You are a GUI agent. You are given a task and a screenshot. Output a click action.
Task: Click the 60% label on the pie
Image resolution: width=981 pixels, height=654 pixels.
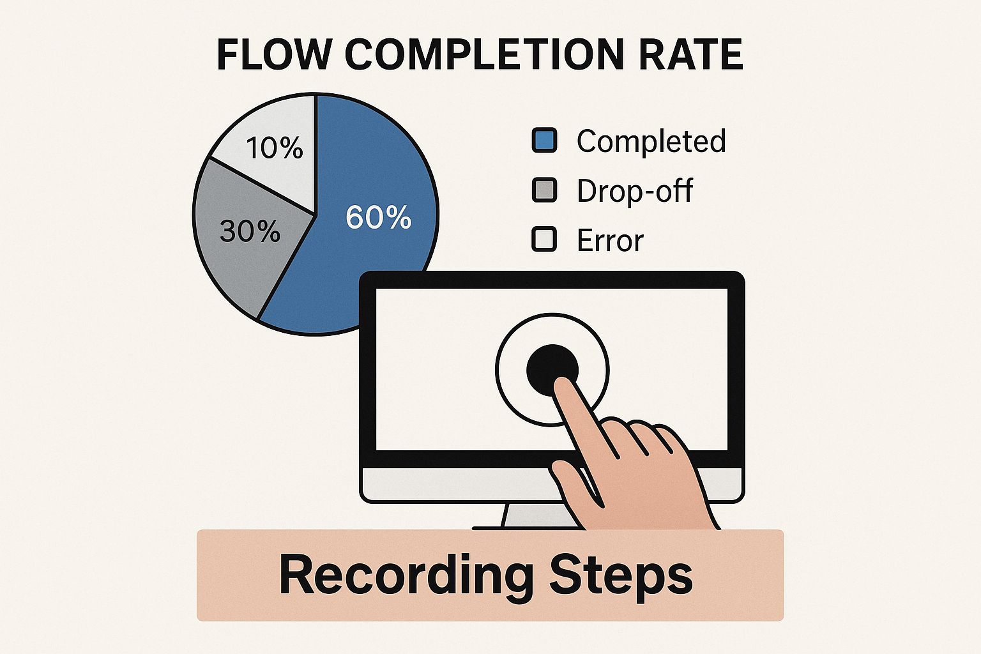point(378,217)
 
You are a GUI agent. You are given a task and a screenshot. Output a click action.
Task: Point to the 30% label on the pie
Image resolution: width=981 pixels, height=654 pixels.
point(250,231)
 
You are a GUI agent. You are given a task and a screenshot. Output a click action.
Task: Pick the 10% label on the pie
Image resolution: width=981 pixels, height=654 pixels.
point(275,148)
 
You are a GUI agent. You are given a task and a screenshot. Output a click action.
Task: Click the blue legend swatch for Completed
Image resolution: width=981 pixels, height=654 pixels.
point(544,140)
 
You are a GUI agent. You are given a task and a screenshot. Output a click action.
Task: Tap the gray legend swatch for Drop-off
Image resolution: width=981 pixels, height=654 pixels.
point(544,190)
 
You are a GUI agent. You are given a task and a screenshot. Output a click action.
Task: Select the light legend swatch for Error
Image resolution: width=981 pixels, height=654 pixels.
point(544,239)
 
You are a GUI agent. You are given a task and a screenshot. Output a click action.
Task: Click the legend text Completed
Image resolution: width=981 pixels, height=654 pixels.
point(651,141)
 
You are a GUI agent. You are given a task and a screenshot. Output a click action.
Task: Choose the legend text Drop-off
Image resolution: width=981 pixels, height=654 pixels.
point(635,190)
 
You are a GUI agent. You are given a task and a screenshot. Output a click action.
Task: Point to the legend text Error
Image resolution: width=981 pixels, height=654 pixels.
point(610,240)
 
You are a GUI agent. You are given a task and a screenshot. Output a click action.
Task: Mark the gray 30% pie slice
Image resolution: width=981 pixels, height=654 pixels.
point(245,245)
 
